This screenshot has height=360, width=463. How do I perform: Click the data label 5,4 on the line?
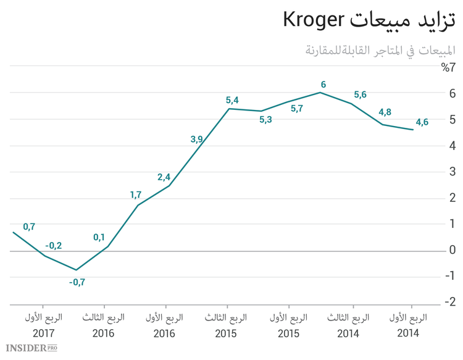pyautogui.click(x=232, y=99)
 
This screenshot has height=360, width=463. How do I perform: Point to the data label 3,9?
pyautogui.click(x=196, y=139)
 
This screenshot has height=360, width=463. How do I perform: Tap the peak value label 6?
pyautogui.click(x=323, y=84)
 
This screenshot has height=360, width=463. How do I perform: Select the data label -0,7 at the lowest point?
pyautogui.click(x=77, y=282)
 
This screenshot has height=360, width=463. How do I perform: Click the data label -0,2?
pyautogui.click(x=53, y=245)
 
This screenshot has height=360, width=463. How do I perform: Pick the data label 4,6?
pyautogui.click(x=422, y=122)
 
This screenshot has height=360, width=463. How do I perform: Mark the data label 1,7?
pyautogui.click(x=136, y=195)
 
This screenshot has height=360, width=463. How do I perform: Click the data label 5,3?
pyautogui.click(x=265, y=120)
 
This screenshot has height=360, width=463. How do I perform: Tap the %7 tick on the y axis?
pyautogui.click(x=448, y=67)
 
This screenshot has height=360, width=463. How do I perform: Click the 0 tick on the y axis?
pyautogui.click(x=453, y=250)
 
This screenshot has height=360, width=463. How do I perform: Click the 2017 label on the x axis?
pyautogui.click(x=43, y=333)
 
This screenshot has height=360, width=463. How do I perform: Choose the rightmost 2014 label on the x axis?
pyautogui.click(x=408, y=333)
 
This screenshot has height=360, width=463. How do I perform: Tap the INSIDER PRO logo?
pyautogui.click(x=29, y=348)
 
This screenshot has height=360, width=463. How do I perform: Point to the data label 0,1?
pyautogui.click(x=99, y=237)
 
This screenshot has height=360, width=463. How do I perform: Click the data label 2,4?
pyautogui.click(x=164, y=177)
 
